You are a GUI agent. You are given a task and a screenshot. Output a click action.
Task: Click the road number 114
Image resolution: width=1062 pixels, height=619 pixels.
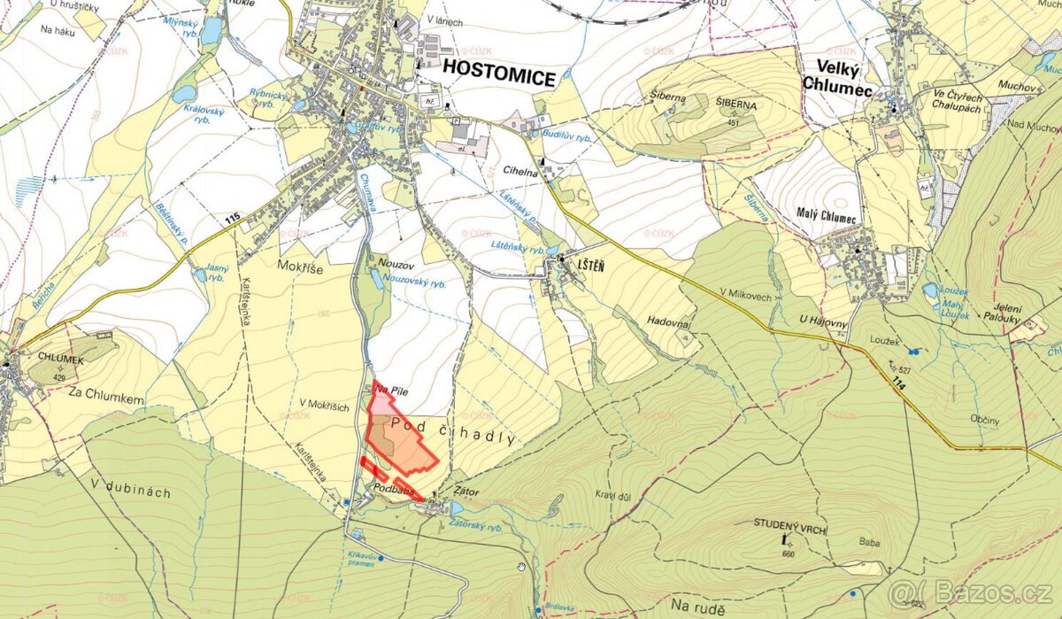pos(899,382)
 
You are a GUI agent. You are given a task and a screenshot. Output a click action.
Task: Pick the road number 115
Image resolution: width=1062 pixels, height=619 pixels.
pos(233,218)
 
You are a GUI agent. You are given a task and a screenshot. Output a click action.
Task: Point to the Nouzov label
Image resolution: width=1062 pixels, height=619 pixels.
pos(396,263)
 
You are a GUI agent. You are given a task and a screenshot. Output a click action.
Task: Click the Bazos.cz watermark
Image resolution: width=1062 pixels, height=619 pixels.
pos(973,592)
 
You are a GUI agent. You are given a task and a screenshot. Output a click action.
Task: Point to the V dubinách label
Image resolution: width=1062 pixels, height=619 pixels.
pos(130,492)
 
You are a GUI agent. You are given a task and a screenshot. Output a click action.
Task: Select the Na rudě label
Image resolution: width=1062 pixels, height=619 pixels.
pos(698,606)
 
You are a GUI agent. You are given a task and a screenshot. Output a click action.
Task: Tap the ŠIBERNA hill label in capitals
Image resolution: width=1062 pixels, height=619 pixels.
pos(738,104)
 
